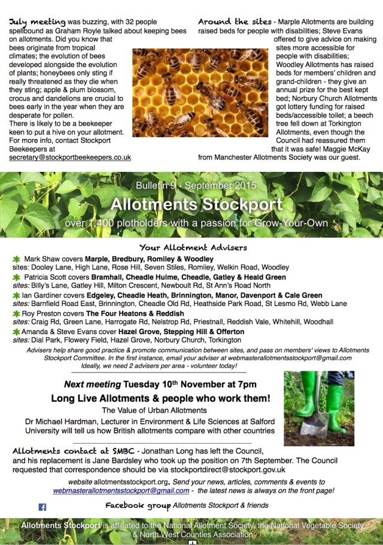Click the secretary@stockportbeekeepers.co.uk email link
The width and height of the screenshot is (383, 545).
[x=69, y=157]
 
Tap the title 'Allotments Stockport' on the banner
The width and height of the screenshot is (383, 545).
[x=196, y=204]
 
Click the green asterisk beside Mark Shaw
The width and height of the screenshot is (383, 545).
[x=16, y=259]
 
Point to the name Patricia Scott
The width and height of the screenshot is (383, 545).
[x=46, y=278]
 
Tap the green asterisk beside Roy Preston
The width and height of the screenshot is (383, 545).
[x=16, y=313]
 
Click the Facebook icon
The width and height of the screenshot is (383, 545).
[x=42, y=507]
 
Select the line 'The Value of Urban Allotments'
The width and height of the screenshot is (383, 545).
[x=154, y=410]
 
